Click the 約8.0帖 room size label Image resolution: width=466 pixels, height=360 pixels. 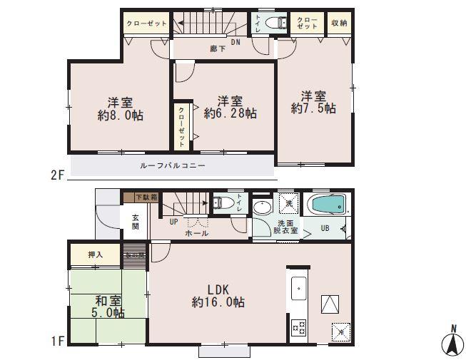(118, 113)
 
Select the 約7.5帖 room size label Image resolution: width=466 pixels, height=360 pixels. (313, 108)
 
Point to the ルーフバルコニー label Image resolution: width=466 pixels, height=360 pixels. (172, 165)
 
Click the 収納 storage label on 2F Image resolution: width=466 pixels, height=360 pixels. (339, 24)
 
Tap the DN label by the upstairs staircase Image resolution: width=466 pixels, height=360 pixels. (235, 42)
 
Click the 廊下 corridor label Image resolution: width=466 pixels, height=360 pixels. (215, 49)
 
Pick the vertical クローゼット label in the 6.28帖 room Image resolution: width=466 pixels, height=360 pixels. (181, 127)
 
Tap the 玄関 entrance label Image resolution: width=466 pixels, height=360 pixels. (135, 222)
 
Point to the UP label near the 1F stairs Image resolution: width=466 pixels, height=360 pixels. (173, 222)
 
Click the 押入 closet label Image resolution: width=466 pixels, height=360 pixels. (95, 254)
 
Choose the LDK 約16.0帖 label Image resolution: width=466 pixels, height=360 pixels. (218, 296)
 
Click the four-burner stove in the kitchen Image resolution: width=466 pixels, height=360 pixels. (298, 329)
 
